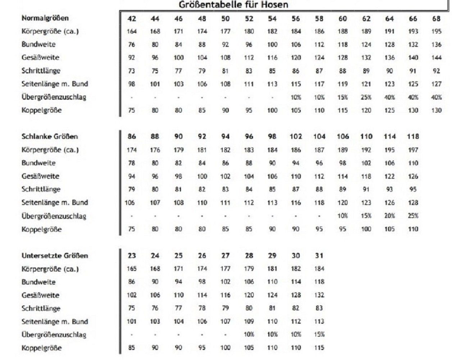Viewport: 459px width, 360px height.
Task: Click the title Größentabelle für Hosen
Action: [x=233, y=5]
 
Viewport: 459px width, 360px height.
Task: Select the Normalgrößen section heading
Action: [x=45, y=18]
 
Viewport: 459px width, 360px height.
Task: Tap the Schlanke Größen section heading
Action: [x=50, y=136]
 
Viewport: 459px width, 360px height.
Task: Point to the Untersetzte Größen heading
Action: [x=55, y=256]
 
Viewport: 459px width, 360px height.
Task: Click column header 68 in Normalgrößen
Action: [x=436, y=19]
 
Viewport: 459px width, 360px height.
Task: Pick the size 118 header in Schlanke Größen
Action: [x=413, y=137]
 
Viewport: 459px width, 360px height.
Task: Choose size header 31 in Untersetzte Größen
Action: [x=319, y=256]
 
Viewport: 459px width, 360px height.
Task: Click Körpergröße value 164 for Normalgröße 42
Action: [x=132, y=31]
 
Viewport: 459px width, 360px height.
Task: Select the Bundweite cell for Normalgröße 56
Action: [x=296, y=45]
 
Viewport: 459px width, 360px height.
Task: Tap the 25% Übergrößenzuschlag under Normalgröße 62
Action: [x=366, y=97]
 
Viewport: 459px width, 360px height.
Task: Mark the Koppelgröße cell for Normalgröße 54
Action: [x=272, y=110]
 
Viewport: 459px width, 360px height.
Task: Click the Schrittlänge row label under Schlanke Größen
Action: [x=41, y=189]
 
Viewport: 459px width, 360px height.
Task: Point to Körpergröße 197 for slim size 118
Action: [x=413, y=150]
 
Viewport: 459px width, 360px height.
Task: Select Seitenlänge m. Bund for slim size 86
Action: [x=129, y=202]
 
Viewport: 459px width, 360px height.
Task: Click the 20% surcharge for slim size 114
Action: [x=390, y=216]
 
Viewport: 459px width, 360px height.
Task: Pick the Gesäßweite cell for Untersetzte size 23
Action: [x=132, y=295]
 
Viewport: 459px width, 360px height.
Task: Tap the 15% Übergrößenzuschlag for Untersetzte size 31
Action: [x=319, y=334]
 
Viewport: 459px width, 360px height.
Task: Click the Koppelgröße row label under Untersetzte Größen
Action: [x=42, y=348]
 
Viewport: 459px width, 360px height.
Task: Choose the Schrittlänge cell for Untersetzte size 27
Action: [x=225, y=308]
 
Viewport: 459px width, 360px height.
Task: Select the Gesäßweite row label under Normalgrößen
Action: [x=40, y=58]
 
